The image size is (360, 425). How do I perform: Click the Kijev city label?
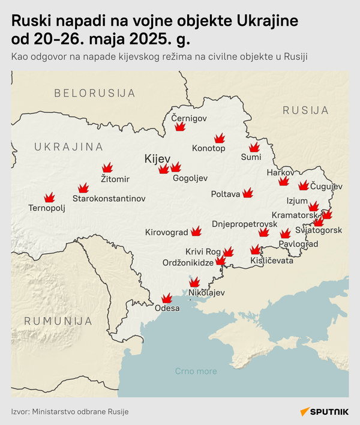(157, 158)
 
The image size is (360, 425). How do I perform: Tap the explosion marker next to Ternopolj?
(49, 197)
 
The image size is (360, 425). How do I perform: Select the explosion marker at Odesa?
(167, 298)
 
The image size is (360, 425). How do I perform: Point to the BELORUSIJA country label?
(94, 93)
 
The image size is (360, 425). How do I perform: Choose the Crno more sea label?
(196, 371)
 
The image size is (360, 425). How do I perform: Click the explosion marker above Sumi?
(254, 147)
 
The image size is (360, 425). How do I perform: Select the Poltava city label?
(226, 194)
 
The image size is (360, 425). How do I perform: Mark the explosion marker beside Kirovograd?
(196, 231)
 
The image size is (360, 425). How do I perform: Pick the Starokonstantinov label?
(109, 198)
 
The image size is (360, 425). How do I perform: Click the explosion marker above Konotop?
(219, 138)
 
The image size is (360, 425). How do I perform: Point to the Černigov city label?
(189, 118)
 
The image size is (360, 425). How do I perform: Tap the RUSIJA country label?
(305, 110)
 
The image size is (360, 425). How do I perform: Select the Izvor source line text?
(70, 412)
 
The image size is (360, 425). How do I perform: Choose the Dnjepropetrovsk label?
(244, 224)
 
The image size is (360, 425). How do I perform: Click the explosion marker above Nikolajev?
(194, 283)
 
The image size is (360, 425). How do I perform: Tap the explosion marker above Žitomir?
(107, 168)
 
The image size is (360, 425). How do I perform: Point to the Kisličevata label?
(273, 261)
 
